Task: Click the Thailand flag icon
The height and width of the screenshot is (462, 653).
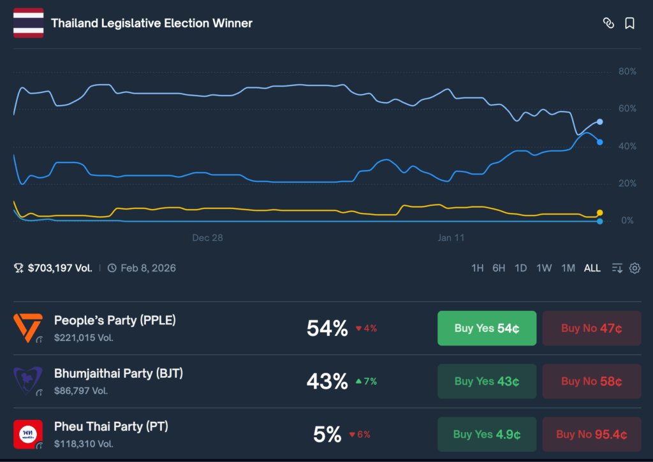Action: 28,24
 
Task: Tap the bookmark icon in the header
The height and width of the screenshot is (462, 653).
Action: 629,24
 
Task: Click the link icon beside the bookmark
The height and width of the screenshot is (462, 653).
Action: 608,24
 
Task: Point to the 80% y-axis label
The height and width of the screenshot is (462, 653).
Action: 627,71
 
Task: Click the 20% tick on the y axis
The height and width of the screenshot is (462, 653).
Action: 627,184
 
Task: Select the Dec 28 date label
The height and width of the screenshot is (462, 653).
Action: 208,238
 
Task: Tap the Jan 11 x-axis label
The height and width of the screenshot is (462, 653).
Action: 451,238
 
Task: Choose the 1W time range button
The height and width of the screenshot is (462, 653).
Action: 544,268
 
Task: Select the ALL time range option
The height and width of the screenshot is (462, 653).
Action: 592,268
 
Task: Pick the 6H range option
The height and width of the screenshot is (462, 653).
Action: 499,268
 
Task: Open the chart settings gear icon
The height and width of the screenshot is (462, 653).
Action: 635,268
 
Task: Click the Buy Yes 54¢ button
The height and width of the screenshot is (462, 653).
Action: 487,328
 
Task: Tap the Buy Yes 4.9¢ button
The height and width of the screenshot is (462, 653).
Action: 487,435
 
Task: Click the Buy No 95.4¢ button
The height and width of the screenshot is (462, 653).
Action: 591,435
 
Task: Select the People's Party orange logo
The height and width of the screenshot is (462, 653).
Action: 28,328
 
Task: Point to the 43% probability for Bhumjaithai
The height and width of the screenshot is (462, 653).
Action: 327,381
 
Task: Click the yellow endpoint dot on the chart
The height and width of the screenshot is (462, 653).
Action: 599,213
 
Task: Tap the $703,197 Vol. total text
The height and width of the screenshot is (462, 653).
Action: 60,268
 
